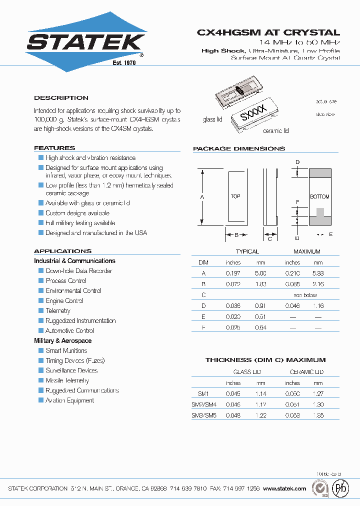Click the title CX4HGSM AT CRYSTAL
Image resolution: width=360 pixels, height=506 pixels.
268,32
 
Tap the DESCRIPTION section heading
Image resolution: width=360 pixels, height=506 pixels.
61,98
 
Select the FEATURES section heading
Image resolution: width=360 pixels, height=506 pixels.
54,148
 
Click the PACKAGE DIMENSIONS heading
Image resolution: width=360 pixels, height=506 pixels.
239,148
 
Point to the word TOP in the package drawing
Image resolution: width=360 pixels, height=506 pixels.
235,196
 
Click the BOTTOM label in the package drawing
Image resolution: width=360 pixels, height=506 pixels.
320,197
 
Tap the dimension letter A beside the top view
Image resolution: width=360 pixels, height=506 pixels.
202,197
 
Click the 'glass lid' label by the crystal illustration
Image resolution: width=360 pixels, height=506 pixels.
212,119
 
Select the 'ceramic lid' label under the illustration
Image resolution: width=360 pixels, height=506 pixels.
275,131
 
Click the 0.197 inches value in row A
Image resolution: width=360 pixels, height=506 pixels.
233,273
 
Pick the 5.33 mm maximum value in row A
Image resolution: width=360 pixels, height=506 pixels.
317,273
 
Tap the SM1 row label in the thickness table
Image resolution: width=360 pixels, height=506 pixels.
197,394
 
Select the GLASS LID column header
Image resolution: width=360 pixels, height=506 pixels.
247,372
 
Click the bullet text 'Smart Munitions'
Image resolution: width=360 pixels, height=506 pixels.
66,350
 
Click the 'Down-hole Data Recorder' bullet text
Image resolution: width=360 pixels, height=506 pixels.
79,270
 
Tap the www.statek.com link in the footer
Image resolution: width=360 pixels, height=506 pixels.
284,488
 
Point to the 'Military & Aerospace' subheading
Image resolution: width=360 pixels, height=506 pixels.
63,340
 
